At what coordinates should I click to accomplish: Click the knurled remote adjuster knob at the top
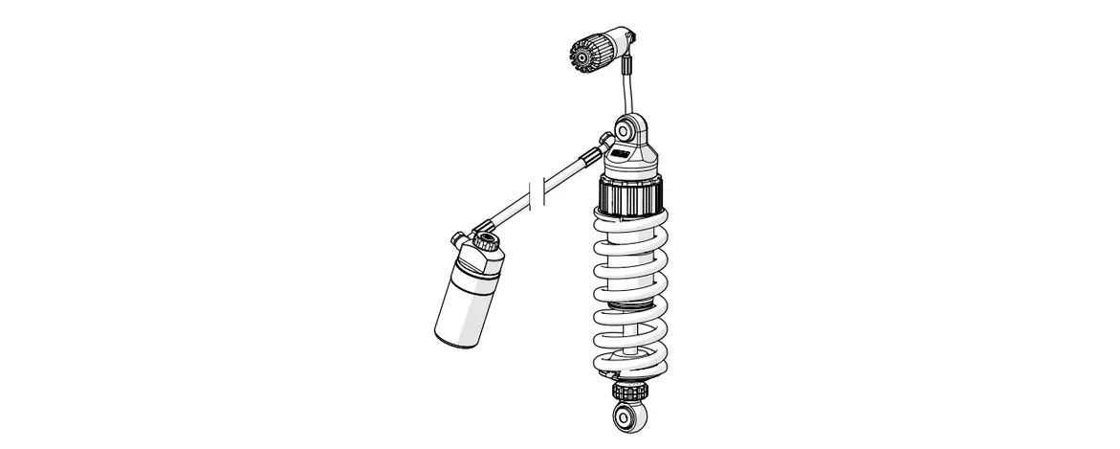click(585, 53)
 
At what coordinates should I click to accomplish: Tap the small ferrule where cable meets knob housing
click(628, 67)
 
